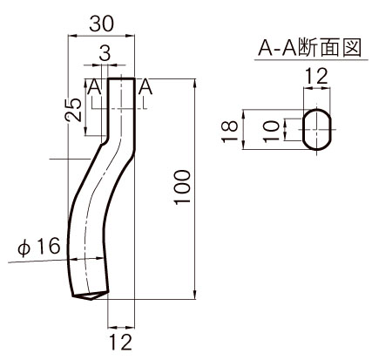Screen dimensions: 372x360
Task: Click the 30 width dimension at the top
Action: click(101, 24)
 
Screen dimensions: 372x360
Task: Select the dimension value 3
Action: click(105, 53)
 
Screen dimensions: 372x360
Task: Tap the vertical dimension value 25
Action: click(73, 111)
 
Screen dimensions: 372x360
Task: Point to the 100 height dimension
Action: click(183, 187)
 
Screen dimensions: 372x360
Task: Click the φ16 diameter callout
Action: click(39, 247)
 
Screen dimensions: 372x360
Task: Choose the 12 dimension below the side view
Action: click(121, 342)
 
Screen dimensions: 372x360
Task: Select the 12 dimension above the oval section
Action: click(316, 76)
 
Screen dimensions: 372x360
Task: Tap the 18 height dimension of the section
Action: click(230, 132)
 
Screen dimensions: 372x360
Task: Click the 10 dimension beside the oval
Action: click(272, 132)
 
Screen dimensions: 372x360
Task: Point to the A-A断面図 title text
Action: click(310, 47)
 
